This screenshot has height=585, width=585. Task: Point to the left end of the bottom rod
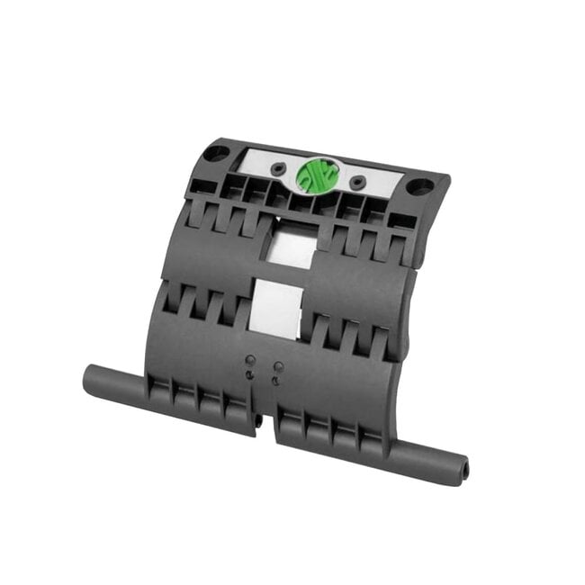point(90,377)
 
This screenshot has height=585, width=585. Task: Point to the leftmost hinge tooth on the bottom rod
point(160,391)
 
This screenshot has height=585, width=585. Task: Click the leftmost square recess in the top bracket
point(199,184)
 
